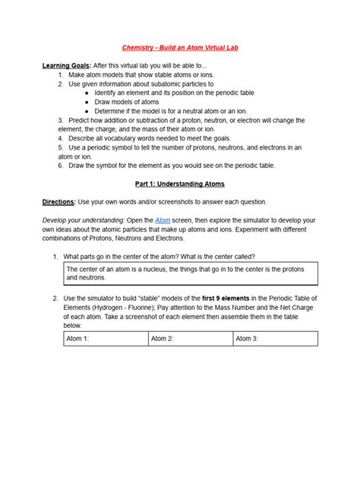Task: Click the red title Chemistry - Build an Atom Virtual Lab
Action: [180, 47]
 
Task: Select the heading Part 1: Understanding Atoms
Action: [180, 184]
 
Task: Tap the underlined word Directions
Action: [58, 202]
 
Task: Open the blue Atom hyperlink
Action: [163, 219]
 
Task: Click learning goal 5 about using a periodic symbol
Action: [182, 147]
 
